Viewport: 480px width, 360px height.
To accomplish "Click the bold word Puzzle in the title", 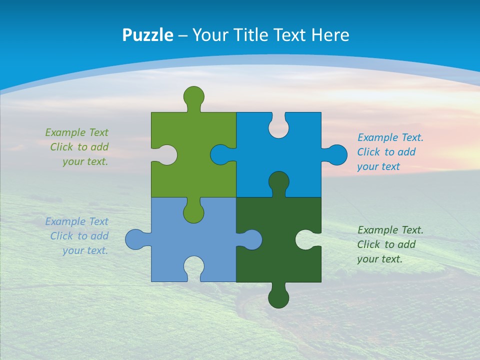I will click(147, 34).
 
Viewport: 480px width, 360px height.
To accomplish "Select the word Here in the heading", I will click(330, 34).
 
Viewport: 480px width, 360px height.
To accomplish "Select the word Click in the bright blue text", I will click(368, 152).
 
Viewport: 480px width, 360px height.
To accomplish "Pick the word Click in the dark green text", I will click(368, 244).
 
